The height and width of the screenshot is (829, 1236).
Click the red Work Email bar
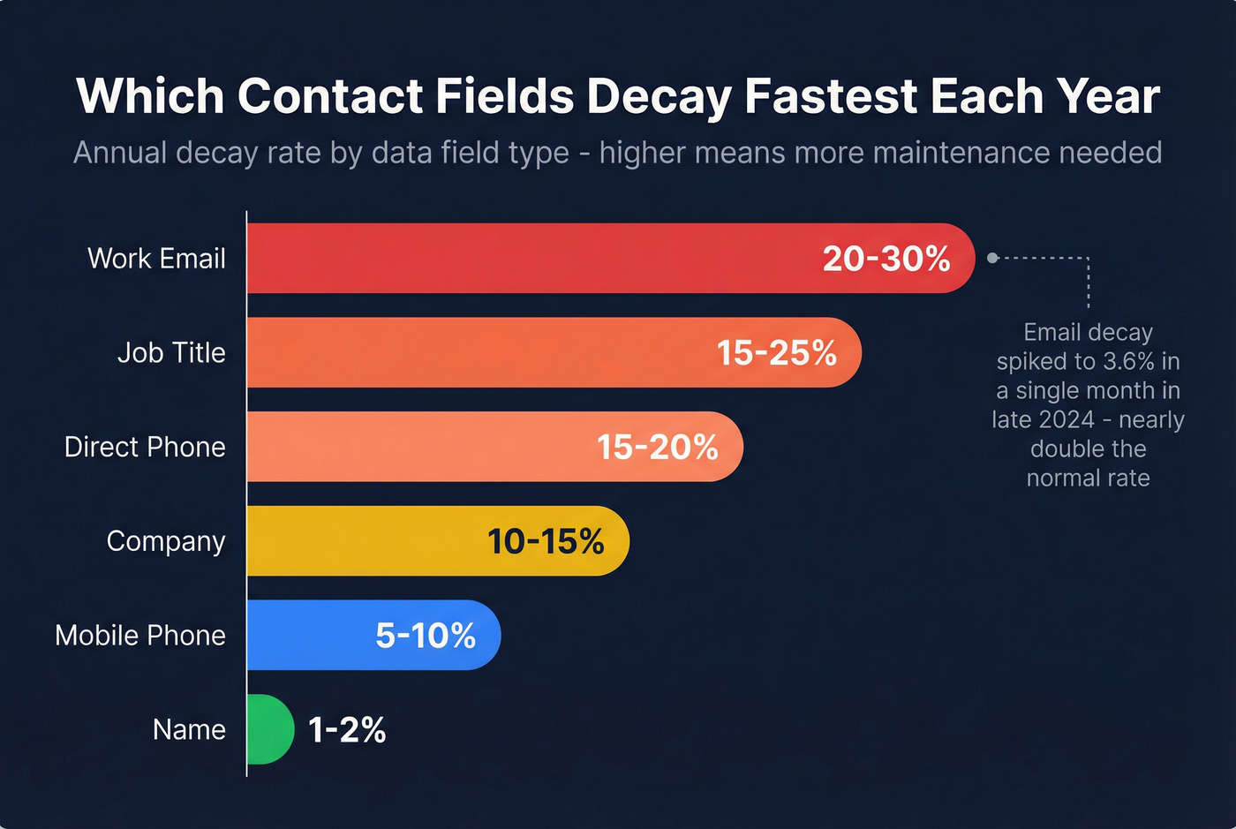530,258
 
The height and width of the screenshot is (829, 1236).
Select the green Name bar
268,729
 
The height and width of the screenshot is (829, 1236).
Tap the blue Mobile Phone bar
309,635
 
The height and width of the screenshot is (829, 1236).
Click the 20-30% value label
886,259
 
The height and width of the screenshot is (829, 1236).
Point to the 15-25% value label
776,353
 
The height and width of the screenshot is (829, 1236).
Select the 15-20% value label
657,447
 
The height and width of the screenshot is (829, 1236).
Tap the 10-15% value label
546,541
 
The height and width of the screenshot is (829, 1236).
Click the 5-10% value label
426,636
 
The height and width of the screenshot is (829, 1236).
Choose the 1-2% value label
347,730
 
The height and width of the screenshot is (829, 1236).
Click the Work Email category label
156,259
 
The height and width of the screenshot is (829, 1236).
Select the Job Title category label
171,353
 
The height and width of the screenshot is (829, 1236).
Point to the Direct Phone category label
145,447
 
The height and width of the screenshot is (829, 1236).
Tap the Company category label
166,541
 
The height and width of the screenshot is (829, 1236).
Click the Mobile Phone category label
140,636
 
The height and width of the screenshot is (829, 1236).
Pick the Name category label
189,730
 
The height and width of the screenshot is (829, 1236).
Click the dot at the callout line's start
992,258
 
